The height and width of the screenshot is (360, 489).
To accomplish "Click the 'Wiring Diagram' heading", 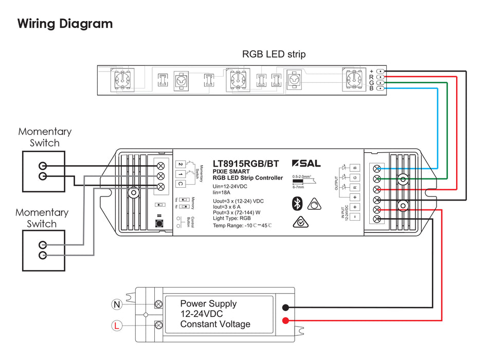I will (65, 24).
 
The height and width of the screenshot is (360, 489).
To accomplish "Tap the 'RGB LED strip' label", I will (274, 54).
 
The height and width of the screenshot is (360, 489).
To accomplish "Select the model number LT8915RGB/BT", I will (246, 164).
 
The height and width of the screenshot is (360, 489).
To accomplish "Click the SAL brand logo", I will (306, 164).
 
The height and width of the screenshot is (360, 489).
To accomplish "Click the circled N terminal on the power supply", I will (117, 305).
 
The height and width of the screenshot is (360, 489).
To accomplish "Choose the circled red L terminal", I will (117, 325).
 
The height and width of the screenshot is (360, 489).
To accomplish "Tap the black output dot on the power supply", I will (284, 308).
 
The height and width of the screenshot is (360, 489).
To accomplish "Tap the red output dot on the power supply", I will (284, 321).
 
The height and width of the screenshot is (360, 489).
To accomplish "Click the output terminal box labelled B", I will (355, 168).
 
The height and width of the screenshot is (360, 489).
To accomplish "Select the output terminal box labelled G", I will (355, 178).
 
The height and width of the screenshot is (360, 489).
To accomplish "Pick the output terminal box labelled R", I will (355, 188).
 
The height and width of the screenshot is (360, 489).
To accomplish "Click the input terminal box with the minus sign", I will (355, 217).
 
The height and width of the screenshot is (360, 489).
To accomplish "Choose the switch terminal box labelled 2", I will (180, 164).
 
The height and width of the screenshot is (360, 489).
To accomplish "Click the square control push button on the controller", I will (159, 224).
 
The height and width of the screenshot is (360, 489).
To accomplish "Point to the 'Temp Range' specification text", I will (242, 226).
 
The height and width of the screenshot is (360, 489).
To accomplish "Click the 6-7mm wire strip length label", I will (298, 188).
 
